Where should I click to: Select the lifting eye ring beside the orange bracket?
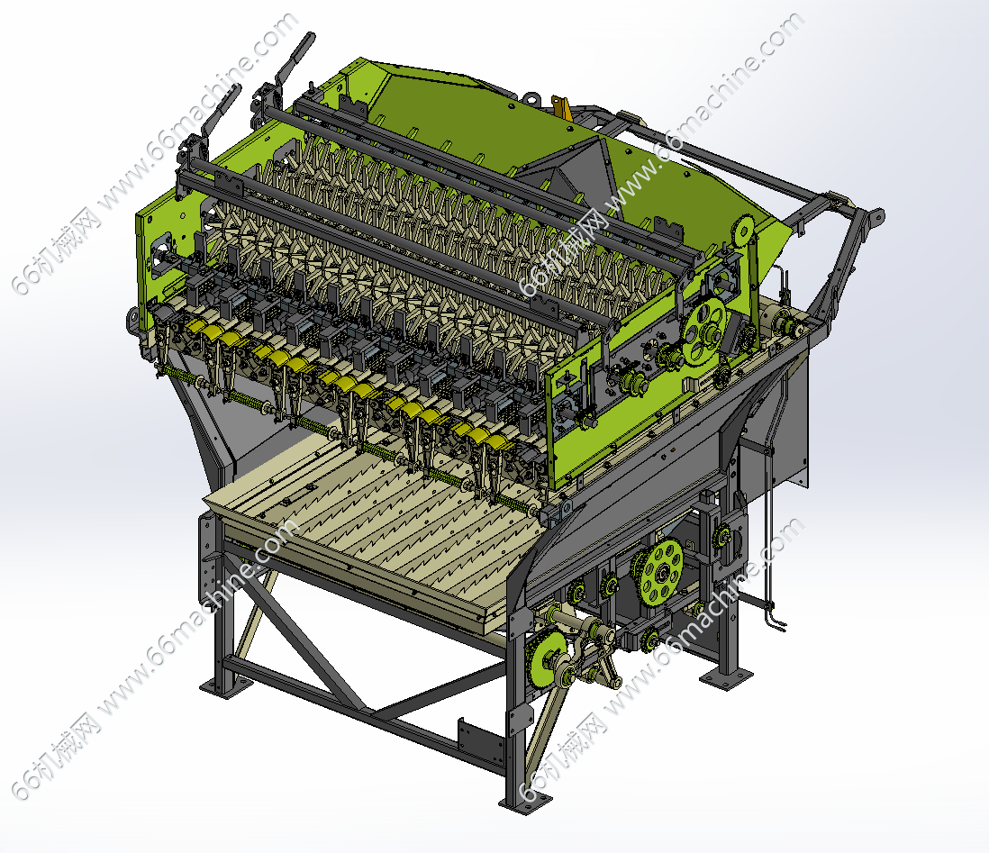[x=531, y=98]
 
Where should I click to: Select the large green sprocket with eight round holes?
[x=660, y=571]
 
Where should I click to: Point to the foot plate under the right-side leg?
[x=726, y=677]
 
